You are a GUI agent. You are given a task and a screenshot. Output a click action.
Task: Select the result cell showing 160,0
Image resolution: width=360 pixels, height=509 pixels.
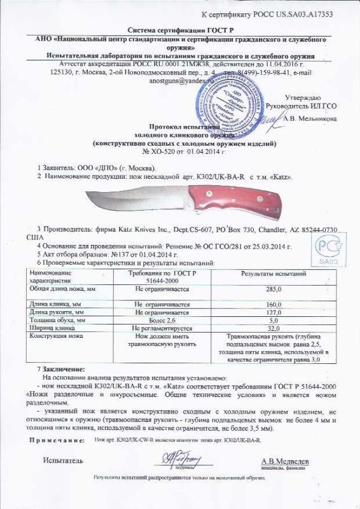point(273,305)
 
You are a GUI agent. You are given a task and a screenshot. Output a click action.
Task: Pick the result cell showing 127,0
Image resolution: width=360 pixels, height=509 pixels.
point(273,312)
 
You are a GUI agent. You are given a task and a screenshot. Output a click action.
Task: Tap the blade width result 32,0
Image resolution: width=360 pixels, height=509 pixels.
point(273,328)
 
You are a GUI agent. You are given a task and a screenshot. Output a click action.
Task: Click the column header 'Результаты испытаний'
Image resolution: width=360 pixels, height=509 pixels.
point(273,274)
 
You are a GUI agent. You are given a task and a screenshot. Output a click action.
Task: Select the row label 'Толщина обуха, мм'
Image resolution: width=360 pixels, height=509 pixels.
point(59,321)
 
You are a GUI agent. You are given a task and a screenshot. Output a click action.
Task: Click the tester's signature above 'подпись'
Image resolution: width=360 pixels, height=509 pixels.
point(181,457)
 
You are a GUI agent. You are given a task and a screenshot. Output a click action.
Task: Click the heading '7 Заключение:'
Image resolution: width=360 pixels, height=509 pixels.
point(62,370)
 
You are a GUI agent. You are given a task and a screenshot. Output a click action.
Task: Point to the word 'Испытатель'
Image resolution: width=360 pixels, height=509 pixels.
point(62,459)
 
